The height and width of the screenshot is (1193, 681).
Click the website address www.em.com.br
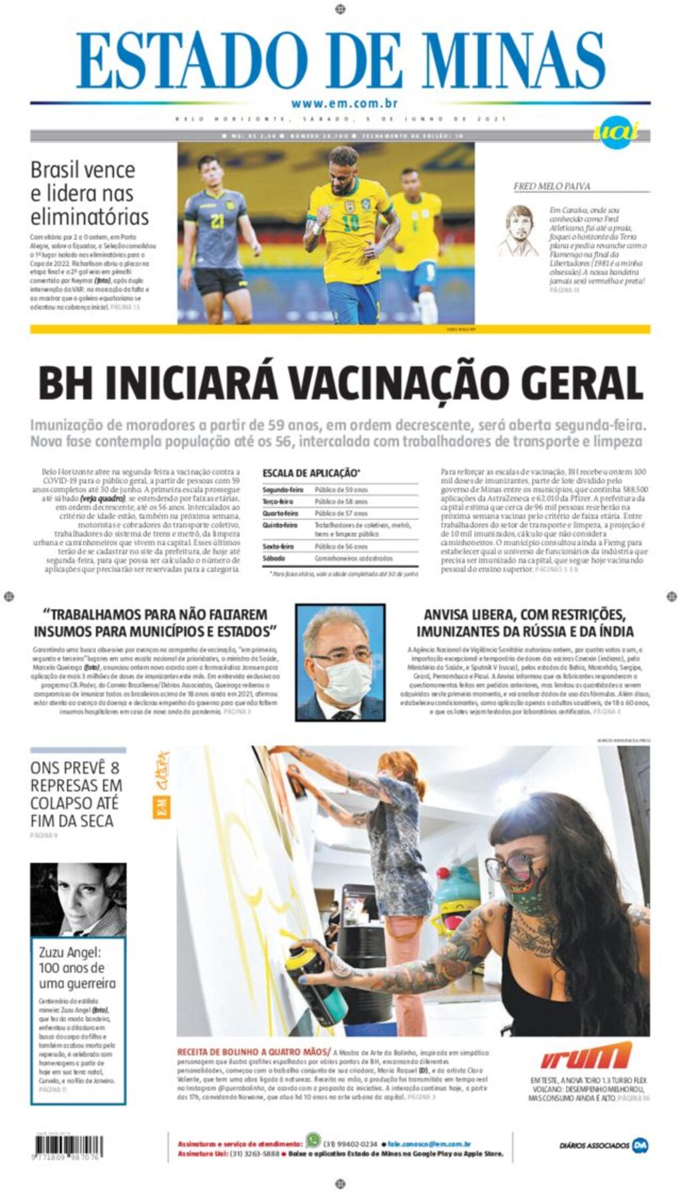(344, 103)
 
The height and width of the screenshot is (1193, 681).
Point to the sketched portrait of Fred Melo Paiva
(519, 230)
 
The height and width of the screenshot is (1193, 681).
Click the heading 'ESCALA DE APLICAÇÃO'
(311, 473)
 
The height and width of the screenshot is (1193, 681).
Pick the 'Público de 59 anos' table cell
(341, 490)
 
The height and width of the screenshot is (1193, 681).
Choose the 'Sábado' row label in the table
(273, 559)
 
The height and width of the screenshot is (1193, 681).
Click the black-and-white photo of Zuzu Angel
(78, 899)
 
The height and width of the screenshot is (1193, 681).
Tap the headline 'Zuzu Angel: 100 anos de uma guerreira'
(77, 968)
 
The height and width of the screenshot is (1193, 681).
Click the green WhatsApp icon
(313, 1139)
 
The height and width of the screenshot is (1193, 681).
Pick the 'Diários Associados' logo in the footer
(604, 1145)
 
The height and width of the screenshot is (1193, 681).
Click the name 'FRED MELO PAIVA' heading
(551, 186)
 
